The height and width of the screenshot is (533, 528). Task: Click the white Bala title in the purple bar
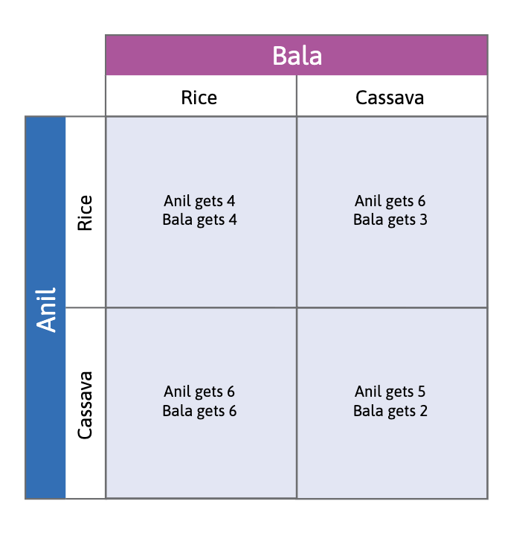pyautogui.click(x=297, y=56)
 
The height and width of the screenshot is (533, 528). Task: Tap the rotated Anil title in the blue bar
pyautogui.click(x=46, y=308)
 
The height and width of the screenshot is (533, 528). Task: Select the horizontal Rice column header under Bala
pyautogui.click(x=199, y=98)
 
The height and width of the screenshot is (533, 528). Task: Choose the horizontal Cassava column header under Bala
pyautogui.click(x=390, y=98)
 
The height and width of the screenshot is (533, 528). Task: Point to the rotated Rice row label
pyautogui.click(x=86, y=212)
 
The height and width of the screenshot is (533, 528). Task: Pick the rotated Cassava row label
pyautogui.click(x=86, y=404)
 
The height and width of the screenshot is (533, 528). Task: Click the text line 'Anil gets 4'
pyautogui.click(x=199, y=201)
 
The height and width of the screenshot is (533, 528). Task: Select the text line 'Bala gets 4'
pyautogui.click(x=199, y=220)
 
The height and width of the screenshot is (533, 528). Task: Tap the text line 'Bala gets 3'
pyautogui.click(x=390, y=220)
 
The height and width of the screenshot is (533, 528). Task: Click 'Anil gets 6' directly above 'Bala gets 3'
pyautogui.click(x=390, y=201)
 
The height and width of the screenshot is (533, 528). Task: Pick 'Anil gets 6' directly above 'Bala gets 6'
pyautogui.click(x=199, y=392)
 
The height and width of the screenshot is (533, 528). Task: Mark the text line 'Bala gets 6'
pyautogui.click(x=199, y=410)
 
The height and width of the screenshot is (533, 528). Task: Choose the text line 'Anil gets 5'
pyautogui.click(x=390, y=392)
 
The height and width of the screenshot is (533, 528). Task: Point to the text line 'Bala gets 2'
pyautogui.click(x=390, y=410)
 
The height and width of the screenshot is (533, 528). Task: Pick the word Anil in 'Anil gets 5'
pyautogui.click(x=369, y=392)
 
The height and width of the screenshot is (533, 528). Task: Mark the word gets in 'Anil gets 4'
pyautogui.click(x=208, y=202)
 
